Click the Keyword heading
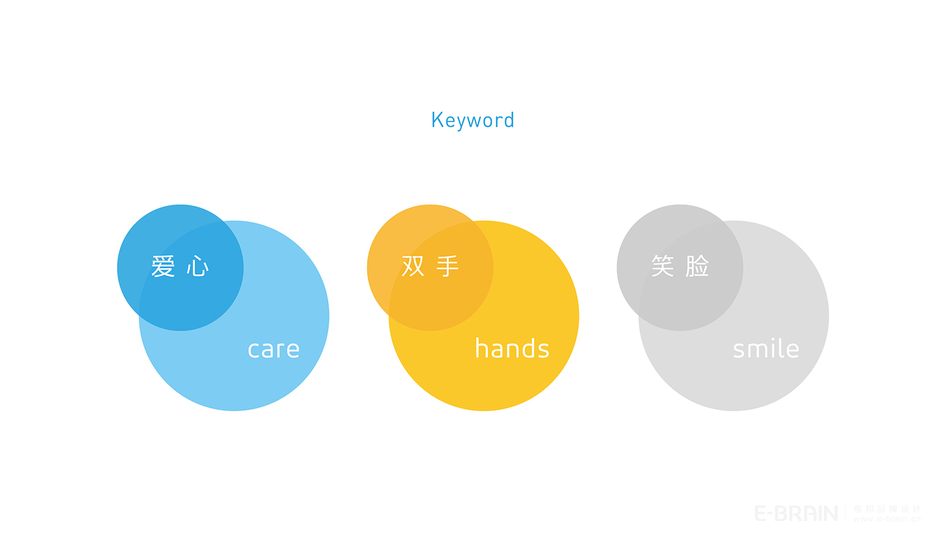click(472, 120)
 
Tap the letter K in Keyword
click(437, 119)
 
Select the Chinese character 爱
click(163, 267)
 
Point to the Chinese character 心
click(198, 267)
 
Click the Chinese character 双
click(413, 266)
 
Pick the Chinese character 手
click(448, 266)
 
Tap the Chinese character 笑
click(663, 266)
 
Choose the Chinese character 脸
click(697, 266)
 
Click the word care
click(273, 350)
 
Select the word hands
click(512, 349)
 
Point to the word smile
click(766, 349)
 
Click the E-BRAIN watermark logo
click(796, 513)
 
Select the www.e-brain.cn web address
click(887, 519)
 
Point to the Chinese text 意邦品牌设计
click(887, 509)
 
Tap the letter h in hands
click(482, 348)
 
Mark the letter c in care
click(253, 350)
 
